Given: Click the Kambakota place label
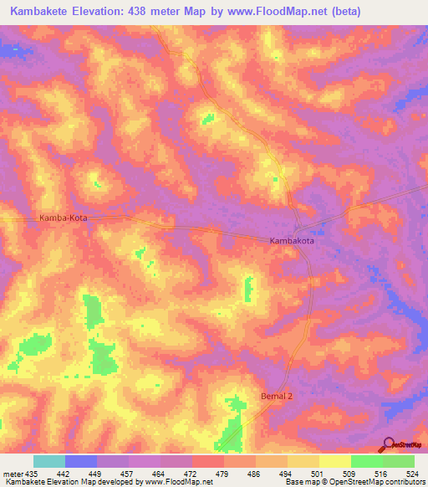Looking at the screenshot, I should click(x=293, y=240).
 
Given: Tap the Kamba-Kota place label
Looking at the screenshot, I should click(x=64, y=218).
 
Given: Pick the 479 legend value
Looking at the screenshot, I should click(x=223, y=474).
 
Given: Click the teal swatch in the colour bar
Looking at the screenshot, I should click(x=49, y=461).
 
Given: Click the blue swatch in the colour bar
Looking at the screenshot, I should click(x=81, y=461).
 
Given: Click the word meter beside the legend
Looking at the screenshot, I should click(x=12, y=474).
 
